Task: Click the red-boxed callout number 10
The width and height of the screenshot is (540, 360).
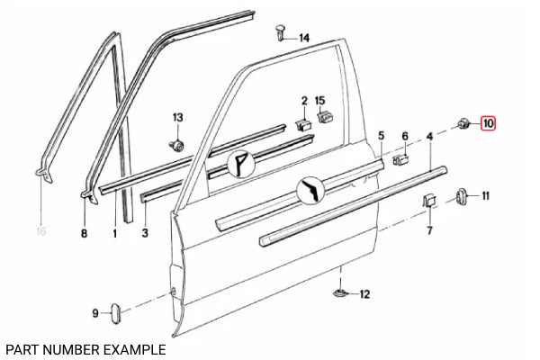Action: point(488,123)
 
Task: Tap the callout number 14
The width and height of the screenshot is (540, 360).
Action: point(304,38)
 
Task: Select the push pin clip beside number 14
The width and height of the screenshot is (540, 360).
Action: point(282,32)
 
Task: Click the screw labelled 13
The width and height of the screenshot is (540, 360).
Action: point(177,146)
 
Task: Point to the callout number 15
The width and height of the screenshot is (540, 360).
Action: point(319,101)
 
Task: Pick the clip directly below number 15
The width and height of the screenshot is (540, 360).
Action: point(324,116)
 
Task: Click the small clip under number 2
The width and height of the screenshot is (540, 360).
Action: point(303,125)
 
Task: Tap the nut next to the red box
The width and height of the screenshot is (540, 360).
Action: point(463,122)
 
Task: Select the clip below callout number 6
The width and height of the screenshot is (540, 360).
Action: point(400,160)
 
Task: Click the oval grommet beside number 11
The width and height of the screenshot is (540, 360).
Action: point(461,196)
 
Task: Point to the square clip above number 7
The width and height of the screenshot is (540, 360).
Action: point(429,201)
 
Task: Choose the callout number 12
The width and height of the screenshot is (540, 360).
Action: point(364,294)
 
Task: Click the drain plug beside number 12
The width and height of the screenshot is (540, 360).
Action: point(340,292)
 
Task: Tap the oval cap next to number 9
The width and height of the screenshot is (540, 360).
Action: point(115,313)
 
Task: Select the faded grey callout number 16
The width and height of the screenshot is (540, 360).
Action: point(41,230)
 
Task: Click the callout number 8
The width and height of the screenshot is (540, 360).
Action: point(84,234)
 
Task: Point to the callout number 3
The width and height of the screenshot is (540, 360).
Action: point(145,232)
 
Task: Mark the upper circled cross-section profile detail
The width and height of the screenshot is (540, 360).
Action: point(240,164)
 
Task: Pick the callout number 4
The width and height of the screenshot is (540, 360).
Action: point(429,137)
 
